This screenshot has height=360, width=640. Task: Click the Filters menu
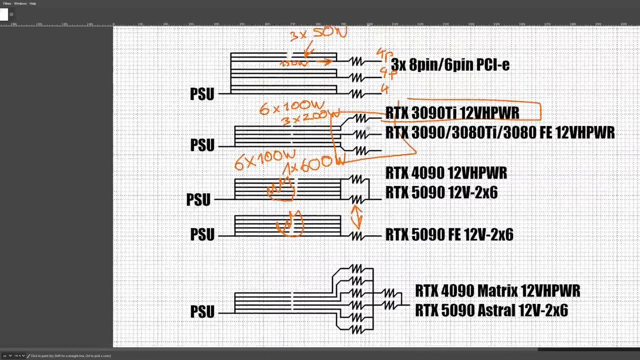coord(7,3)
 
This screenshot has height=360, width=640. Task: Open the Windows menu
coord(20,3)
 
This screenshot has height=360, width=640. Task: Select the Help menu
coord(32,3)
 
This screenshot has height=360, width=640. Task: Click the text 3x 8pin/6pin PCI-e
coord(450,64)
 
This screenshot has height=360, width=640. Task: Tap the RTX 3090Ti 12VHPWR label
coord(452,113)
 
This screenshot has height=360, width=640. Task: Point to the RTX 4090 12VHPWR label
coord(446,173)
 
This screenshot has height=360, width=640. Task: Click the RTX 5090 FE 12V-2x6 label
coord(449,234)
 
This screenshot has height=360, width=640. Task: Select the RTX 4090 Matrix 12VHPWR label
coord(497,290)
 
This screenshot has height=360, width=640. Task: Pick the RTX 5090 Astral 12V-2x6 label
coord(491,310)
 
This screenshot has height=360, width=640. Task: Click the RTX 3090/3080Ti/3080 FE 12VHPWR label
coord(500,133)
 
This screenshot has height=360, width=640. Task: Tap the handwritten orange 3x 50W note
coord(318,34)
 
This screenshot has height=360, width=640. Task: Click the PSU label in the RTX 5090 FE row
coord(202,234)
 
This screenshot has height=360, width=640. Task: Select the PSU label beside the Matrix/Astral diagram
coord(202,311)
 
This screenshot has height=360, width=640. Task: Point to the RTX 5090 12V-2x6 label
coord(441,193)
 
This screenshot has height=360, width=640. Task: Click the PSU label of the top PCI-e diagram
coord(202,94)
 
